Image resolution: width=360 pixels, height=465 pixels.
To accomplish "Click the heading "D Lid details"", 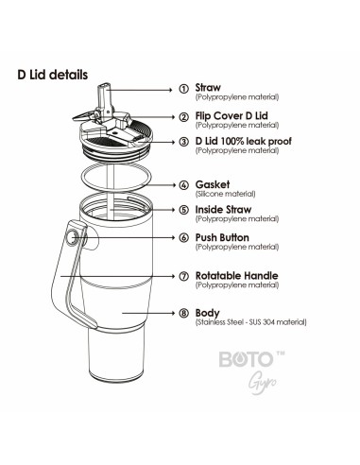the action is (x=53, y=75).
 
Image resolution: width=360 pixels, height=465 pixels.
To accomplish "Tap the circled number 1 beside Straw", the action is (x=184, y=89).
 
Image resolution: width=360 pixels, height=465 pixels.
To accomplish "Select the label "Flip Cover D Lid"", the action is (x=231, y=115).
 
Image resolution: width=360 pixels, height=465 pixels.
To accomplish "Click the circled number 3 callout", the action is (x=184, y=142).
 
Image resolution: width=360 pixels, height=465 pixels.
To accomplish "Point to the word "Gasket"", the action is (x=213, y=184).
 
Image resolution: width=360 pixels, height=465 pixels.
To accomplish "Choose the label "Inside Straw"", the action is (x=223, y=210).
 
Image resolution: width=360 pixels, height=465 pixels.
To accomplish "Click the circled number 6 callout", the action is (x=184, y=237).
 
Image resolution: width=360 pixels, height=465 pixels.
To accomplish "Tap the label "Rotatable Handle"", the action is (x=237, y=276).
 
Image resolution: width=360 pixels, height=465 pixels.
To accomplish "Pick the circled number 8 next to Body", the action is (x=184, y=313).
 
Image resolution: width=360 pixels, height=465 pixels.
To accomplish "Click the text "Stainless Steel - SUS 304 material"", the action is (x=251, y=322).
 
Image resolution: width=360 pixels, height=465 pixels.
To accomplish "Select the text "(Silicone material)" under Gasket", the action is (x=225, y=194).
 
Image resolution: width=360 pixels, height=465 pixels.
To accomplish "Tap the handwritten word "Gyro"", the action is (x=262, y=383).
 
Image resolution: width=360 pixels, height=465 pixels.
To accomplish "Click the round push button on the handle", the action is (x=72, y=237).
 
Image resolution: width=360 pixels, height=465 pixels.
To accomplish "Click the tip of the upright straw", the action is (x=104, y=84).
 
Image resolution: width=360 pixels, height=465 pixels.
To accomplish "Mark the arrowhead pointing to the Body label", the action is (x=172, y=313).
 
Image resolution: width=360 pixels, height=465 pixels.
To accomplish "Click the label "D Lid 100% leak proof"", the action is (x=244, y=141).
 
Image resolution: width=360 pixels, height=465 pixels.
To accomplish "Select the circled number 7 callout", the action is (x=184, y=276).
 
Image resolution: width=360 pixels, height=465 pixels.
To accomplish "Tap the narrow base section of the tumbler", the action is (x=117, y=354).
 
